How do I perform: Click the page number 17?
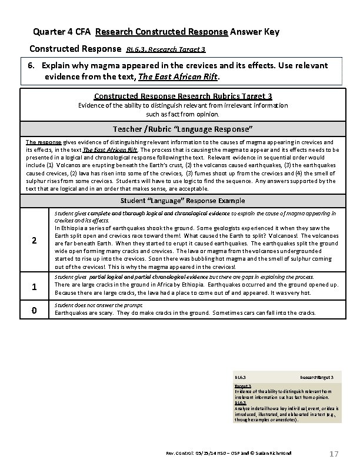tap(334, 454)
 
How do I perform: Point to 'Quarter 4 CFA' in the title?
tap(62, 31)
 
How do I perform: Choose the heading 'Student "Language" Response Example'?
tap(183, 201)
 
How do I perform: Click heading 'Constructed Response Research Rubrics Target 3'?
tap(183, 96)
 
